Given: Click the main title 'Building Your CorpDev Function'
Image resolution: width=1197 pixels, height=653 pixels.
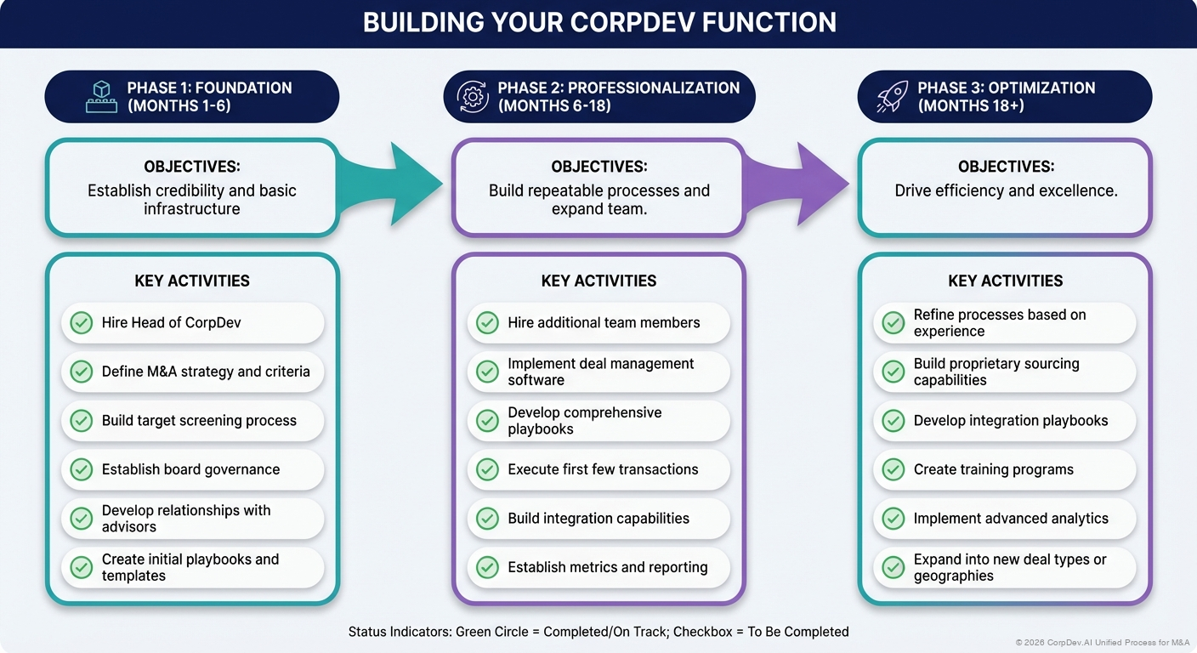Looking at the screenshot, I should [x=598, y=23].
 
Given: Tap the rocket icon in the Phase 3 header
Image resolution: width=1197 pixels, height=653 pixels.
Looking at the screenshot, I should [x=891, y=97].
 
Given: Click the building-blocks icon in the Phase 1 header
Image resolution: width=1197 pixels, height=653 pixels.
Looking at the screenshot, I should [x=101, y=97].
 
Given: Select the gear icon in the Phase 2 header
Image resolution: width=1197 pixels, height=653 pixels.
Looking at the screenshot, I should [x=473, y=97].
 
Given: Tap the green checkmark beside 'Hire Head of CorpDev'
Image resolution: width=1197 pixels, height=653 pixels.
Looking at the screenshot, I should [x=82, y=323].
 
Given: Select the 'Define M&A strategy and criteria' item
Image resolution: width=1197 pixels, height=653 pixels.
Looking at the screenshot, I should [x=205, y=372].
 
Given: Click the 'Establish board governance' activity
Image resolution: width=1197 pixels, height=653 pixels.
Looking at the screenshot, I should [x=190, y=469].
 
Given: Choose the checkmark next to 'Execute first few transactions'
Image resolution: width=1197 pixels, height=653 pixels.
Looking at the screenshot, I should [x=487, y=469].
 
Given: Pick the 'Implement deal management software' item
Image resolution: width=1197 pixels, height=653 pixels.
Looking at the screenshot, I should [x=600, y=372].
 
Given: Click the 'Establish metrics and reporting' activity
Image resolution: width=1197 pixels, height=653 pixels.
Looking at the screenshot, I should [x=607, y=567].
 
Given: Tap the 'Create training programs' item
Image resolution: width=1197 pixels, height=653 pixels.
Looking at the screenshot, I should [x=993, y=469].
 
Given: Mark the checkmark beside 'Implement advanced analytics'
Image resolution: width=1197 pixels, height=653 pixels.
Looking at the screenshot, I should [x=893, y=519].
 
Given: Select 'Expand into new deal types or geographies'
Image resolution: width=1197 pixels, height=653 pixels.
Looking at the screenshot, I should [x=1009, y=567].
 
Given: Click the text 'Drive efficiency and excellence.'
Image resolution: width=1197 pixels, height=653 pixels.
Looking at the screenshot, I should [x=1006, y=191].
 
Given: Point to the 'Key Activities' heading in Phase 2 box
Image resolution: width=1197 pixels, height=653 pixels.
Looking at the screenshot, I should [x=598, y=281].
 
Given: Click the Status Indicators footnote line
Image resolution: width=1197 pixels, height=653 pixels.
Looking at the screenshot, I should [x=598, y=632].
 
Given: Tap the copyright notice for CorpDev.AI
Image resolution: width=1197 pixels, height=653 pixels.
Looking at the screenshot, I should [x=1102, y=643].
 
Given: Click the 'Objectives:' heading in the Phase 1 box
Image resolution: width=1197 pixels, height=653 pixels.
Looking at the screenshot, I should [x=192, y=167].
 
